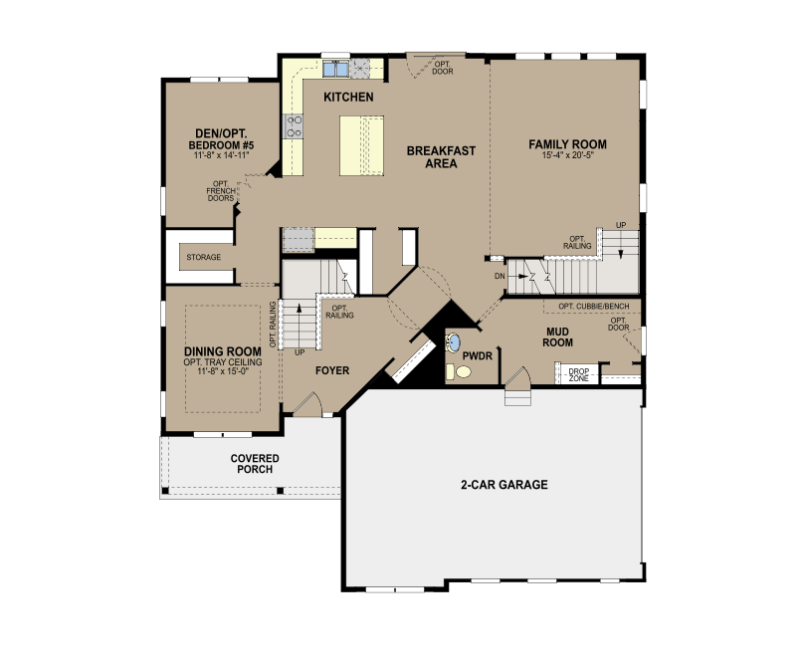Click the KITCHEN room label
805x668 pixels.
coord(348,97)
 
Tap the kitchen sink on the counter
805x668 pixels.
coord(335,69)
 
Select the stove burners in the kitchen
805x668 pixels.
coord(294,126)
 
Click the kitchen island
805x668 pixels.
coord(362,145)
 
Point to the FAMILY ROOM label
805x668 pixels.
coord(568,144)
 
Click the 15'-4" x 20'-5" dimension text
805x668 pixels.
coord(568,155)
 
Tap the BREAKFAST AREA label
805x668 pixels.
coord(441,157)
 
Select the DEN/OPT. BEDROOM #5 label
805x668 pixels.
coord(221,139)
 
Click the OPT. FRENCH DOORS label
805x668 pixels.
coord(221,191)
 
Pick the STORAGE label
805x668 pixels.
coord(204,257)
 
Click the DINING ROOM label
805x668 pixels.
coord(223,351)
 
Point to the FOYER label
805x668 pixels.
coord(332,370)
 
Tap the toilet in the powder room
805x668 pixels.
coord(459,371)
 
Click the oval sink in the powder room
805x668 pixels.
coord(454,342)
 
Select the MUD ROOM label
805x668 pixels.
coord(557,336)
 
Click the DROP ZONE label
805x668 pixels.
coord(578,375)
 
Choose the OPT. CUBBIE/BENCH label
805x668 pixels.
coord(593,306)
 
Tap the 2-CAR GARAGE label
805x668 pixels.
coord(504,485)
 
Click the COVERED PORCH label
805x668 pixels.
coord(255,464)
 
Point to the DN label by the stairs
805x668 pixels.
coord(500,276)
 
